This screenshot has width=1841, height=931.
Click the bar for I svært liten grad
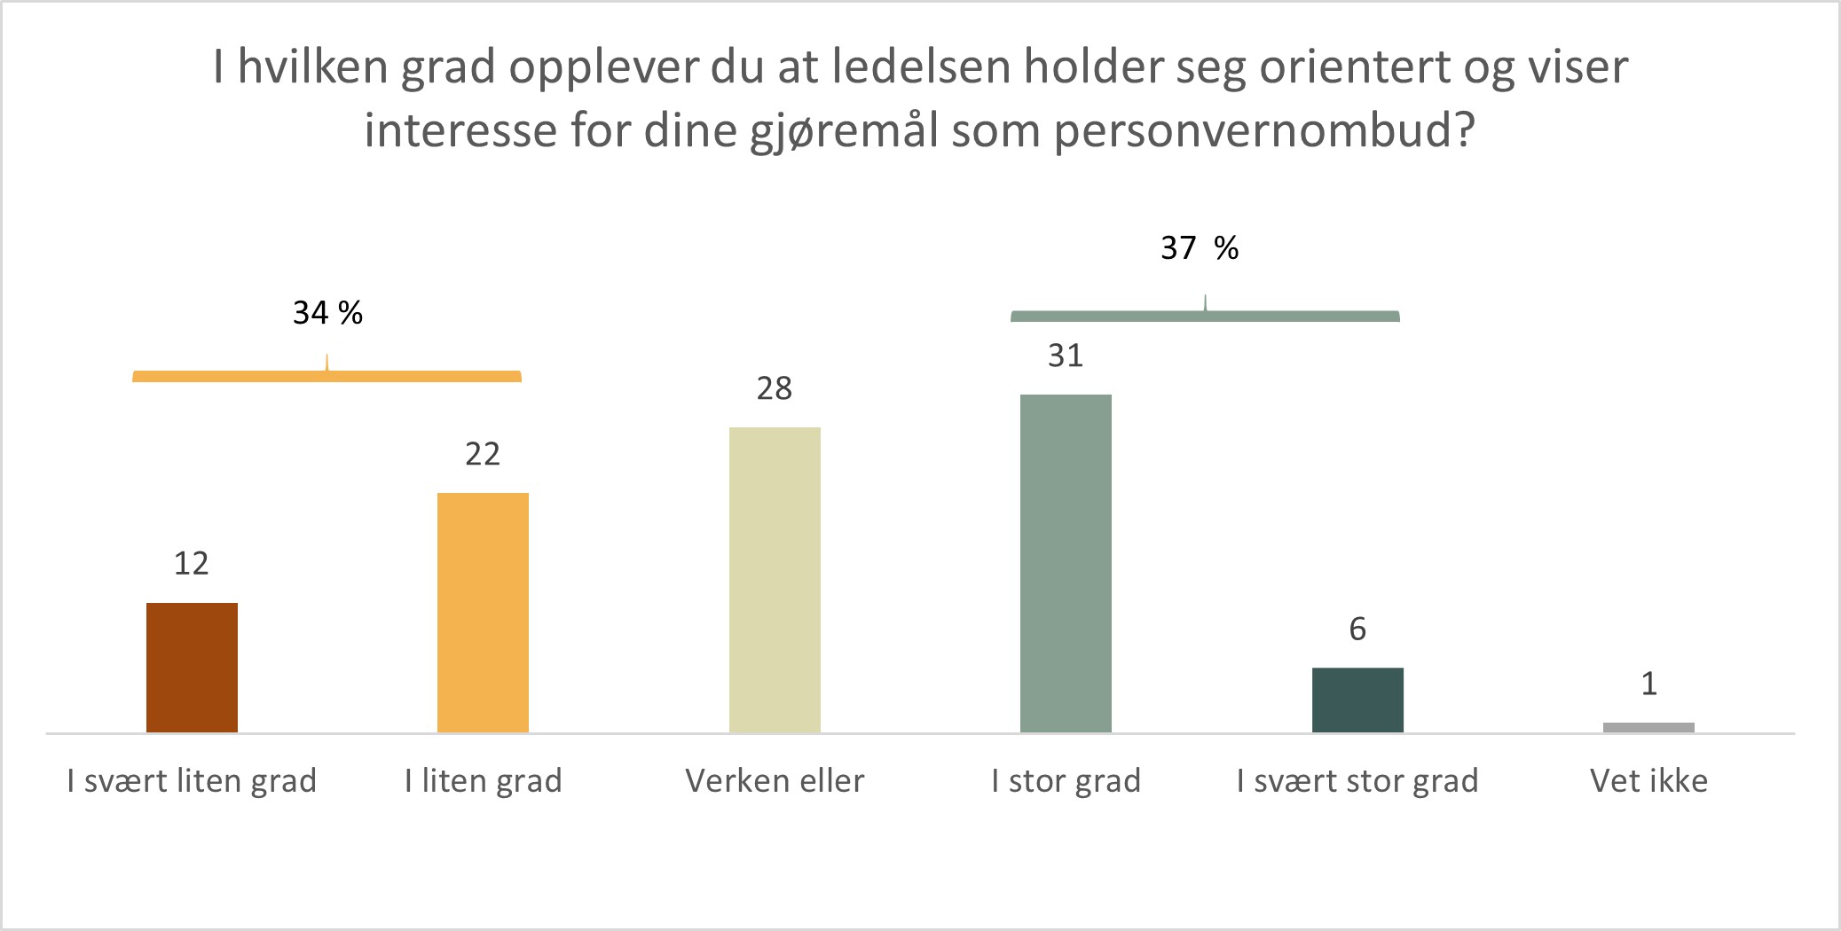[x=192, y=667]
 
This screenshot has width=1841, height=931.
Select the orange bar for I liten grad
[x=483, y=612]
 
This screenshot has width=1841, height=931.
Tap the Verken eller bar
[x=775, y=579]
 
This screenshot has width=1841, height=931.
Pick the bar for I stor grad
[x=1066, y=563]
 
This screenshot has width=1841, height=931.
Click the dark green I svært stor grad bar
[x=1357, y=700]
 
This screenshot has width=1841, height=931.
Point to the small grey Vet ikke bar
[x=1648, y=728]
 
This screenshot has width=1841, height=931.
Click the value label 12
[x=192, y=564]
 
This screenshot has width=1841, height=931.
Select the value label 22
[x=483, y=454]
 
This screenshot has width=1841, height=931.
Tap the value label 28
[x=775, y=388]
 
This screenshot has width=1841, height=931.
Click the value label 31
[x=1066, y=356]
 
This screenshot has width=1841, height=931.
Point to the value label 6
[x=1357, y=630]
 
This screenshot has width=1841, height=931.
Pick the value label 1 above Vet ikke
[x=1648, y=685]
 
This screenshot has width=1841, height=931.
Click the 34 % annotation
[x=327, y=313]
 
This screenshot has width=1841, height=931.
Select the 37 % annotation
[x=1200, y=248]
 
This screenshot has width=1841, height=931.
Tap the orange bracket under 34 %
[x=327, y=376]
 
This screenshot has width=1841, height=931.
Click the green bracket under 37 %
[x=1205, y=316]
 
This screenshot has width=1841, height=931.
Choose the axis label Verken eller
[x=775, y=781]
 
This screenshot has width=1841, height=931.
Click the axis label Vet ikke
[x=1648, y=781]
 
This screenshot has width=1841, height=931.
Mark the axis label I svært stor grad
[x=1357, y=781]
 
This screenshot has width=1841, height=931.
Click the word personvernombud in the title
[x=1263, y=131]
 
